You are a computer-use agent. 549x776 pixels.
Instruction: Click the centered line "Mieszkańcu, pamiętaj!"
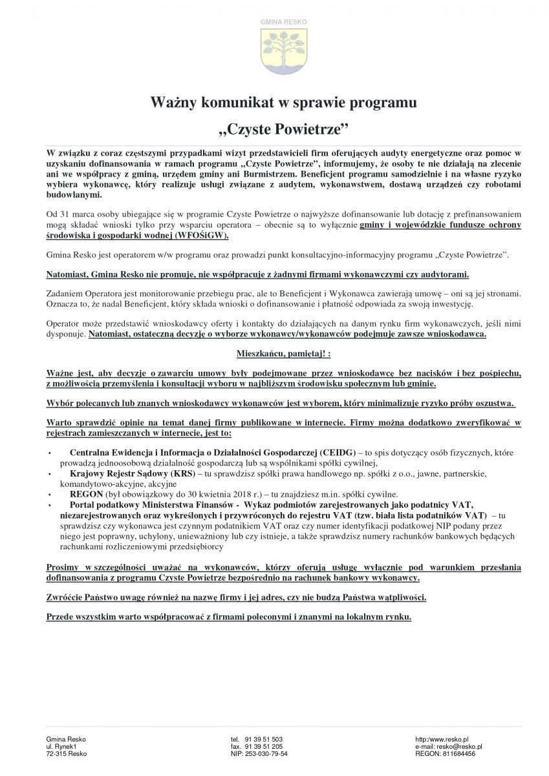tap(275, 355)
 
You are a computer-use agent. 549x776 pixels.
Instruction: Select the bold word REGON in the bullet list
tap(85, 493)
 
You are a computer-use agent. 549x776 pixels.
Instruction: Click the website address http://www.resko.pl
tap(442, 738)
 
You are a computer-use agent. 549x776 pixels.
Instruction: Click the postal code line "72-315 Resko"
tap(67, 754)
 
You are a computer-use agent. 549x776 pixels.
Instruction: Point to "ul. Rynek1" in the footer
tap(62, 746)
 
